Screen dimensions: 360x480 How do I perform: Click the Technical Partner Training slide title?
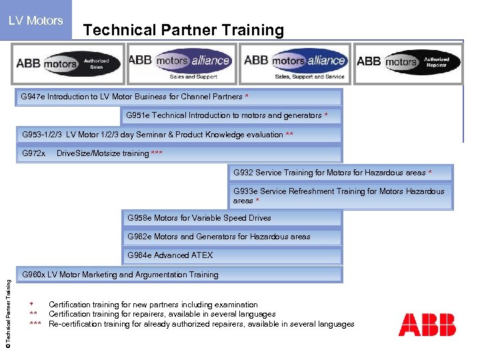pos(183,30)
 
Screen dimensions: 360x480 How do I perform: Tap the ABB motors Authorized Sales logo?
pos(69,64)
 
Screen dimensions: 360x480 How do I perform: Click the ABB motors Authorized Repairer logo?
pos(408,63)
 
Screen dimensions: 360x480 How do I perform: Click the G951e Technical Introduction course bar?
pos(231,115)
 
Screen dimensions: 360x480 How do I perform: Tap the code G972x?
pos(34,153)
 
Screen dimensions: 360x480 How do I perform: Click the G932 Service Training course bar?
pos(340,173)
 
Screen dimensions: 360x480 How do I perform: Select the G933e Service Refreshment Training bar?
pos(340,196)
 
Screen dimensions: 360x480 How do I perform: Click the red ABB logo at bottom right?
pos(427,325)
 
